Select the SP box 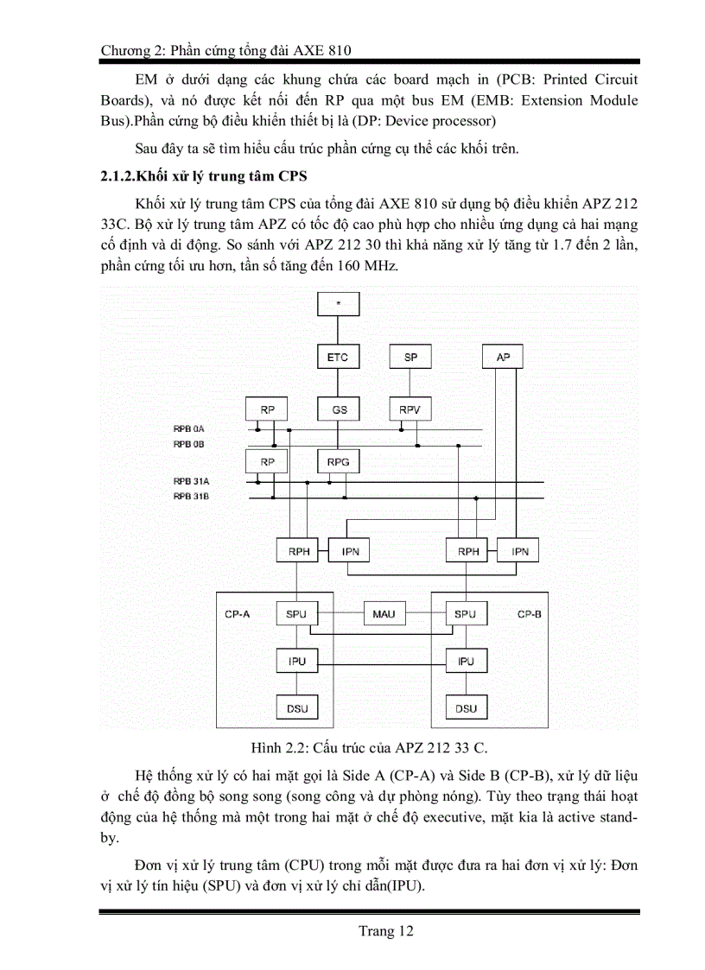pos(410,357)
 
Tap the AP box pos(503,357)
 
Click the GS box pos(339,409)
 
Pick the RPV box pos(410,409)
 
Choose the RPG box pos(339,462)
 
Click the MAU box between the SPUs pos(384,613)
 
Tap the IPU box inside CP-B pos(466,662)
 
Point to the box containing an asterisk pos(339,304)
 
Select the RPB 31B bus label pos(189,497)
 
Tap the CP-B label pos(529,614)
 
